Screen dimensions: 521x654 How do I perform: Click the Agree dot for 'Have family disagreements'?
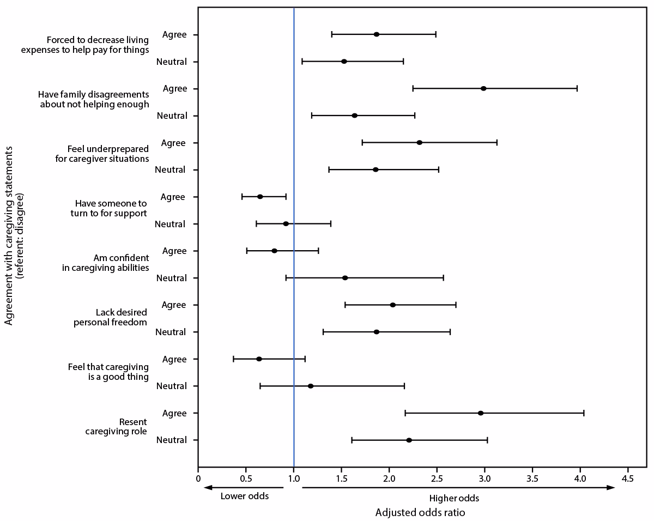pyautogui.click(x=483, y=88)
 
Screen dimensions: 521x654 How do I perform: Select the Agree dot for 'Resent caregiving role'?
pyautogui.click(x=481, y=413)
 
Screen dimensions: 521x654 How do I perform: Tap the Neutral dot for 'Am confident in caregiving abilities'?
pyautogui.click(x=345, y=278)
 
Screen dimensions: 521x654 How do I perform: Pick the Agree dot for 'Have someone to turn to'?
pyautogui.click(x=260, y=197)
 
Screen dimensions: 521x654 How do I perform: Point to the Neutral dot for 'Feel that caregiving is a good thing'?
pyautogui.click(x=311, y=386)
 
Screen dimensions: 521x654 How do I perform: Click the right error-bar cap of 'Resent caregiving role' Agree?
pyautogui.click(x=584, y=413)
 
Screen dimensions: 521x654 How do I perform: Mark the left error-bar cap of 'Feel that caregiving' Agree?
pyautogui.click(x=233, y=359)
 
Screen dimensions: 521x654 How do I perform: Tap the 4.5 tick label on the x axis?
pyautogui.click(x=628, y=478)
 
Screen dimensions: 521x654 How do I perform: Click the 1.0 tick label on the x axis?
pyautogui.click(x=294, y=478)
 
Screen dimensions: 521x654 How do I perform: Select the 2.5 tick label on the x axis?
pyautogui.click(x=437, y=478)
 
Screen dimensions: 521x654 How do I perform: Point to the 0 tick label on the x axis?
pyautogui.click(x=198, y=478)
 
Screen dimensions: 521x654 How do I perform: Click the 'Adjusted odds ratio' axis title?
pyautogui.click(x=420, y=513)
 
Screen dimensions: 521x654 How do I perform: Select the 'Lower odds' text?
pyautogui.click(x=244, y=496)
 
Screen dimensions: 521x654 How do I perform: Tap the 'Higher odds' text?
pyautogui.click(x=454, y=498)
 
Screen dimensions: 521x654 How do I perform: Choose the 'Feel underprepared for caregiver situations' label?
pyautogui.click(x=108, y=154)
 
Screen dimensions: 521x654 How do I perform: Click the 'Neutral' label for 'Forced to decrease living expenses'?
pyautogui.click(x=171, y=62)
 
